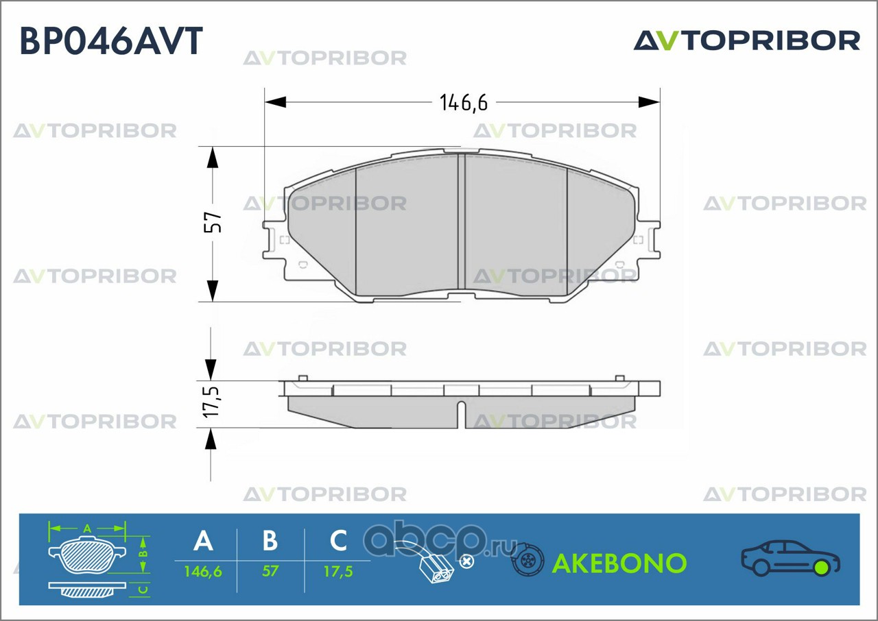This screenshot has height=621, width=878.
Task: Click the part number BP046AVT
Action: click(x=111, y=40)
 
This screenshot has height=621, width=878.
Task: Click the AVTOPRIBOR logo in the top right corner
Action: click(x=747, y=41)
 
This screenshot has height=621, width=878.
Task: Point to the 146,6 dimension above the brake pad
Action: click(x=464, y=103)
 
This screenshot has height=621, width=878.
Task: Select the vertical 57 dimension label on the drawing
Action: click(x=213, y=222)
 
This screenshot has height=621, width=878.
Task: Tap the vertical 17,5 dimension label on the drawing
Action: click(x=212, y=402)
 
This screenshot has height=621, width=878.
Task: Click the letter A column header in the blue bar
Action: click(x=204, y=540)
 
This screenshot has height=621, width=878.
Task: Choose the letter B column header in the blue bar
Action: click(x=270, y=540)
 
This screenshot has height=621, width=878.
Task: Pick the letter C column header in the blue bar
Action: click(x=338, y=540)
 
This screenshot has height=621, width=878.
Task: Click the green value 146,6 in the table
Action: click(x=203, y=572)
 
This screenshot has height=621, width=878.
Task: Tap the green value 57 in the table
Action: click(x=270, y=571)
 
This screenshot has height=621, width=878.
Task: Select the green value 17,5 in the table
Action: click(x=338, y=572)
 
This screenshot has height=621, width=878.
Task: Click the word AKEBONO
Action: click(x=619, y=563)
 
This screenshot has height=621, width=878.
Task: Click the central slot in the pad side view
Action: click(x=462, y=415)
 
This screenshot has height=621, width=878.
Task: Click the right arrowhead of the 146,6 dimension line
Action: click(x=649, y=102)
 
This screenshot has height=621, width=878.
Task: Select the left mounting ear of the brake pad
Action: click(x=275, y=240)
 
